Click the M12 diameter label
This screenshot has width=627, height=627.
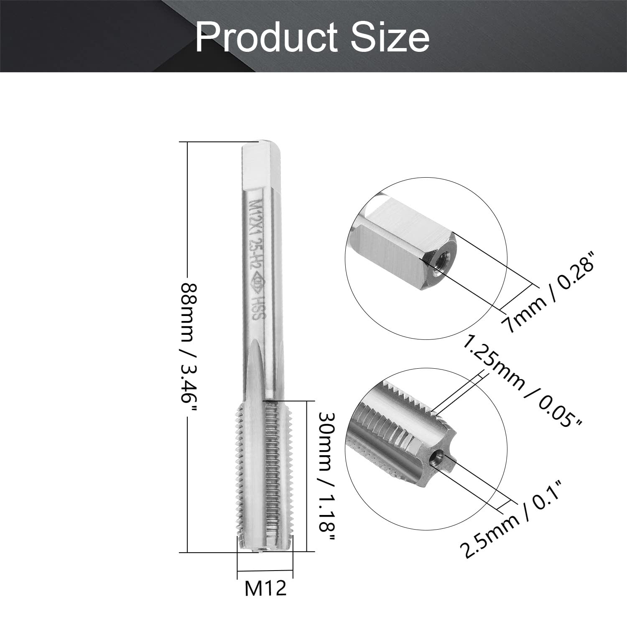coord(265,589)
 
